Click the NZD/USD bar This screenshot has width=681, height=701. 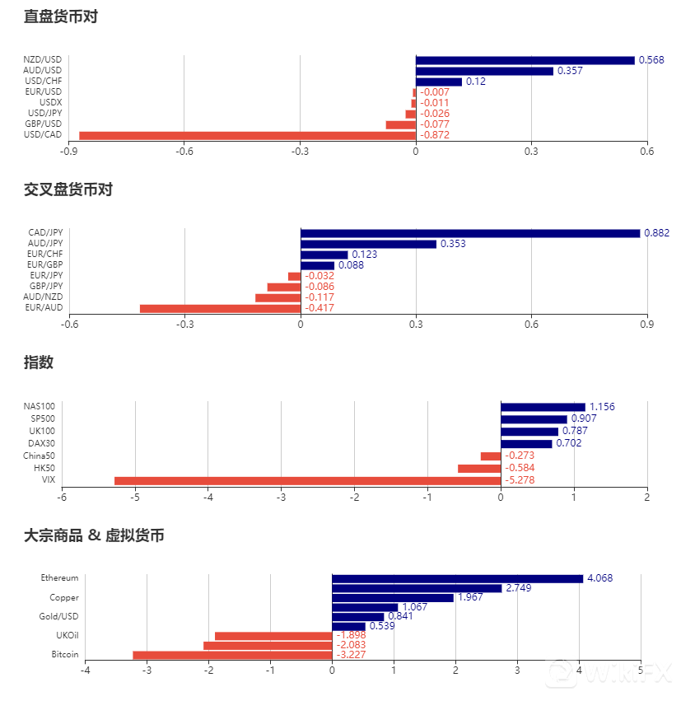pos(525,60)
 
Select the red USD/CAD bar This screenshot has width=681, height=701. pos(247,135)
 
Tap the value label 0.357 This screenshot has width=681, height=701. pos(570,71)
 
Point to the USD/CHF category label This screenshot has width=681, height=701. pos(44,81)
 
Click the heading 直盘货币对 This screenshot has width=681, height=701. pos(61,16)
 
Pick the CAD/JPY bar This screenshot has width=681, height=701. pos(469,233)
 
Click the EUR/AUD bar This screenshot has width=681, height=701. pos(220,308)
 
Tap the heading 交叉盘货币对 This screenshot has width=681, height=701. pos(68,189)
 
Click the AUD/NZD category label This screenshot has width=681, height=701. pos(43,297)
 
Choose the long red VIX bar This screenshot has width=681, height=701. pos(307,480)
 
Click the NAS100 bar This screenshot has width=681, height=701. pos(543,407)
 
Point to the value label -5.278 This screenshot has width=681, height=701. pos(521,480)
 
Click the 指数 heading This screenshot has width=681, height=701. pos(39,362)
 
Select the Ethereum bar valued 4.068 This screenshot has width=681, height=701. pos(457,578)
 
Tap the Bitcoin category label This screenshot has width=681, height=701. pos(65,654)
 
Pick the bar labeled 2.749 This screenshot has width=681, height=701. pos(416,588)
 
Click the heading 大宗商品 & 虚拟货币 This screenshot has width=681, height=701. pos(94,535)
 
